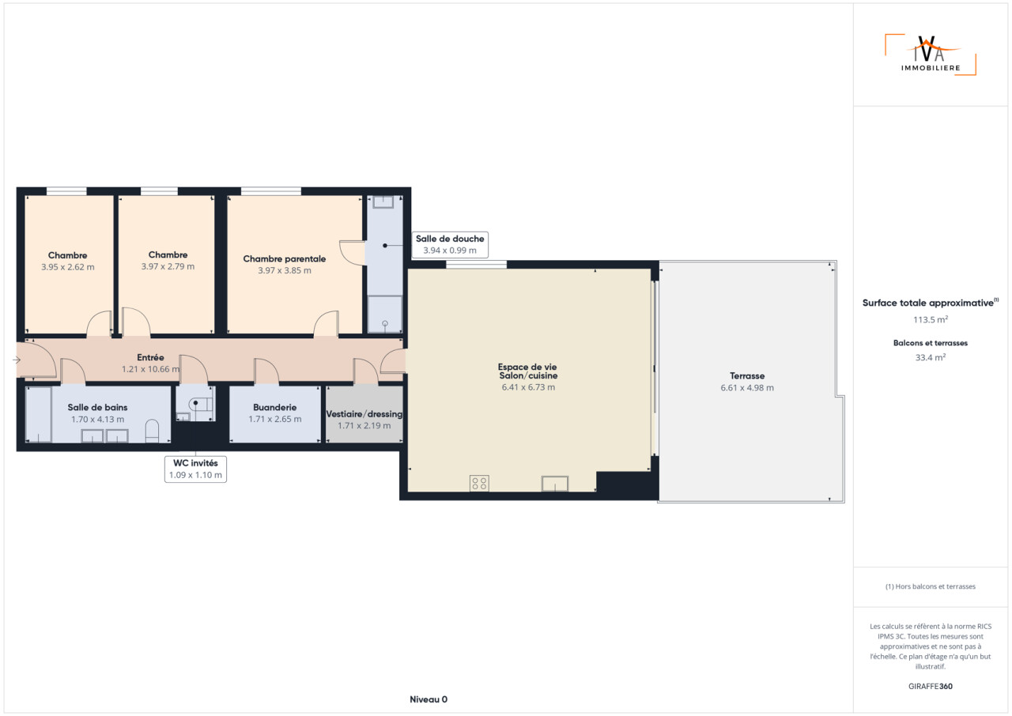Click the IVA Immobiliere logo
click(x=931, y=55)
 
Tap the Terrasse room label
click(x=747, y=375)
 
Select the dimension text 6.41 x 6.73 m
click(x=528, y=387)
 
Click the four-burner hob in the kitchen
click(x=479, y=484)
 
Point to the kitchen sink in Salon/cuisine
click(x=555, y=484)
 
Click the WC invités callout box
click(x=195, y=469)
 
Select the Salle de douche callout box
click(x=450, y=245)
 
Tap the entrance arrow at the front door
click(x=17, y=360)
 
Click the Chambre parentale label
click(x=284, y=258)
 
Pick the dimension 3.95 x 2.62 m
click(x=68, y=267)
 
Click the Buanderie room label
click(x=274, y=407)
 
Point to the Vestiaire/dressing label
click(x=364, y=414)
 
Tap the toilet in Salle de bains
click(x=153, y=431)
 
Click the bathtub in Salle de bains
click(x=39, y=414)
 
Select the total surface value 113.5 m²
click(x=931, y=319)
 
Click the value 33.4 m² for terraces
click(x=931, y=357)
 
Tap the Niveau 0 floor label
click(x=429, y=699)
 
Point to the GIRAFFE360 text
click(x=931, y=686)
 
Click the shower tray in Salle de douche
click(x=384, y=315)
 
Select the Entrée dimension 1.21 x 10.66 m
click(x=150, y=369)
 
